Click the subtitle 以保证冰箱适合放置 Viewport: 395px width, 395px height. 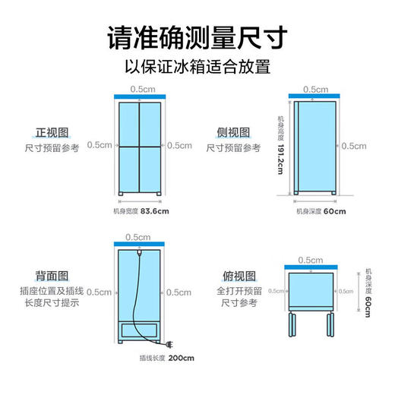click(x=197, y=66)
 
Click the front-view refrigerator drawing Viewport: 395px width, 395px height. click(x=139, y=147)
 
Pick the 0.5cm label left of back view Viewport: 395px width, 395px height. click(x=99, y=291)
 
